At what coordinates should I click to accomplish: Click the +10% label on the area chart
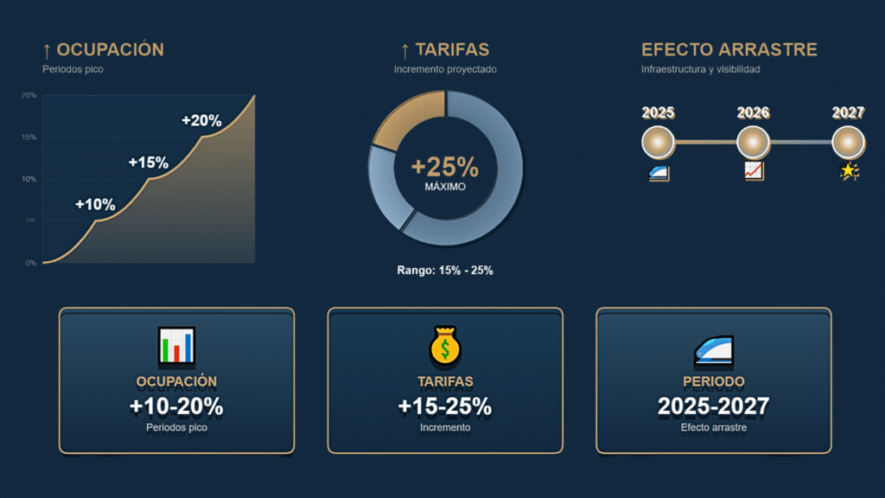tap(95, 205)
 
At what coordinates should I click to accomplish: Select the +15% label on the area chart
tap(148, 163)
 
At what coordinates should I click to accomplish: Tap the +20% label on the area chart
tap(201, 121)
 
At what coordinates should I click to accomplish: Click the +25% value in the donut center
tap(445, 166)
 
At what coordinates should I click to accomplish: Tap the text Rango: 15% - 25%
tap(445, 271)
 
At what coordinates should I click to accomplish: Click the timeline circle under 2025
tap(658, 142)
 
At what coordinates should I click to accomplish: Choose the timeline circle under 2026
tap(753, 142)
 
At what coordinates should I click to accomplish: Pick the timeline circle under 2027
tap(848, 142)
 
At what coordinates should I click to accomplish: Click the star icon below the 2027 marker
tap(849, 172)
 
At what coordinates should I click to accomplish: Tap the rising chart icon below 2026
tap(753, 172)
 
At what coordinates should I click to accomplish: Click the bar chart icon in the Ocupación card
tap(176, 345)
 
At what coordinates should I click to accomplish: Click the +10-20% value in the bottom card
tap(176, 406)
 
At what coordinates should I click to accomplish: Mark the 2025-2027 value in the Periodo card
tap(713, 406)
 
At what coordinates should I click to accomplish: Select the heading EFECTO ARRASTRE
tap(729, 49)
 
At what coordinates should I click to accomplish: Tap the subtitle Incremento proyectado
tap(445, 69)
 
